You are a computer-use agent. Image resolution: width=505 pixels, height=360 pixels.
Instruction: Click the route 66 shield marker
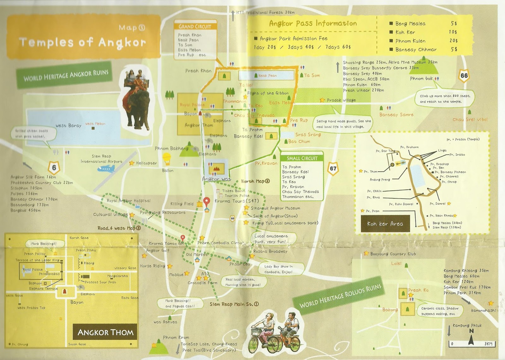[464, 76]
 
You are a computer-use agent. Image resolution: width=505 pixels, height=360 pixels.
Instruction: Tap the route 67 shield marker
[333, 168]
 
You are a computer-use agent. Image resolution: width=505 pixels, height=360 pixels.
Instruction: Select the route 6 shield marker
[54, 168]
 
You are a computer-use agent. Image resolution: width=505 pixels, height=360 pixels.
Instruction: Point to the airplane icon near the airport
[106, 169]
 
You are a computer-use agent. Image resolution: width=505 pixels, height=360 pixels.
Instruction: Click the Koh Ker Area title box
[385, 224]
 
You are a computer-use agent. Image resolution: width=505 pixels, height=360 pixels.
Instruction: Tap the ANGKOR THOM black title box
[105, 332]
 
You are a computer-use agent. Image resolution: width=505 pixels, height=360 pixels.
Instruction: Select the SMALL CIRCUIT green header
[302, 158]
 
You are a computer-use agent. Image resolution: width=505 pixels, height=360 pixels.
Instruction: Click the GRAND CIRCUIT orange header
[195, 27]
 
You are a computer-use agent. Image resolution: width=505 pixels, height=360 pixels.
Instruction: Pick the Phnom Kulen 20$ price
[454, 41]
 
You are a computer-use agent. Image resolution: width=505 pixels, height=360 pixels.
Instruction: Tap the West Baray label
[68, 126]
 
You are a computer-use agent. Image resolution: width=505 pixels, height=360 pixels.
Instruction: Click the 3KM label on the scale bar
[488, 344]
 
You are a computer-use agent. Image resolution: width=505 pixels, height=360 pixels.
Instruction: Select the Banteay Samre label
[396, 115]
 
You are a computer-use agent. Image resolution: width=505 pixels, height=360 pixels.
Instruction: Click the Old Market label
[197, 254]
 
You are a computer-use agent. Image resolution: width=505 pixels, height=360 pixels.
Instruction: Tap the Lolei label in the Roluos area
[396, 263]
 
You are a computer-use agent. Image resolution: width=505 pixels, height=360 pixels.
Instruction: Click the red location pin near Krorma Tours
[207, 201]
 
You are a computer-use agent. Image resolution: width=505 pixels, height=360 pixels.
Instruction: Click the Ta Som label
[312, 75]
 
